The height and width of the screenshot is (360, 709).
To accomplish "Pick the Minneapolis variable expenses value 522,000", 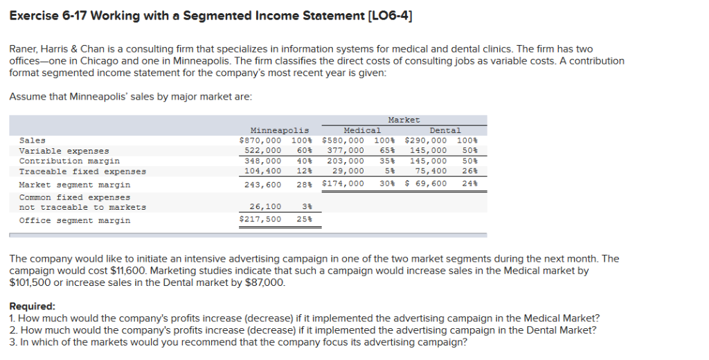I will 264,151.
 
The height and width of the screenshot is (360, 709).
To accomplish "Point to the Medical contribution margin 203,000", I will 346,161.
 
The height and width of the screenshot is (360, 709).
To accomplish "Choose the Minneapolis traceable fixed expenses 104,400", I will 264,171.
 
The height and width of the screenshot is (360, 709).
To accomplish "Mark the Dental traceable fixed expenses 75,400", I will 430,171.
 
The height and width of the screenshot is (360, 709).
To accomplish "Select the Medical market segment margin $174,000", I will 343,183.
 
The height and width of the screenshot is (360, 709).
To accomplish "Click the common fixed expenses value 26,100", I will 266,206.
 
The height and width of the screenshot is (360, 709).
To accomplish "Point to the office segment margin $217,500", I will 260,219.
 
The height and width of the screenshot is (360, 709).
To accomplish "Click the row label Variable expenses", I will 64,151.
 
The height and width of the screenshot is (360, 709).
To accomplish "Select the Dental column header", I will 445,130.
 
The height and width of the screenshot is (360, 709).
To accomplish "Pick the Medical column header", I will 362,130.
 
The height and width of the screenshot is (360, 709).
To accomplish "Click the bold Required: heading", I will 32,306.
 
